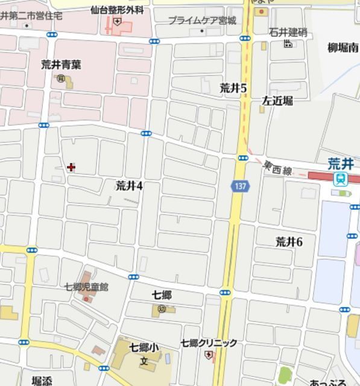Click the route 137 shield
[240, 187]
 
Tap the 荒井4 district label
[129, 186]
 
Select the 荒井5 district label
[233, 88]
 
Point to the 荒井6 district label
[289, 242]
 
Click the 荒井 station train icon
[341, 178]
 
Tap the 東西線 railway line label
[277, 168]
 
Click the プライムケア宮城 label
[201, 21]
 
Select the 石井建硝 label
[288, 32]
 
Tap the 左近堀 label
[277, 101]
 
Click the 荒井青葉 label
[62, 64]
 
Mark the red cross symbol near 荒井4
[71, 167]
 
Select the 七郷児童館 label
[87, 287]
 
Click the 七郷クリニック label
[209, 343]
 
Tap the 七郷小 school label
[144, 348]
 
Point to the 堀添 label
[42, 381]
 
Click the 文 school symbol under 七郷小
[144, 361]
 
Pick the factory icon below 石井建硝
[288, 43]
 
